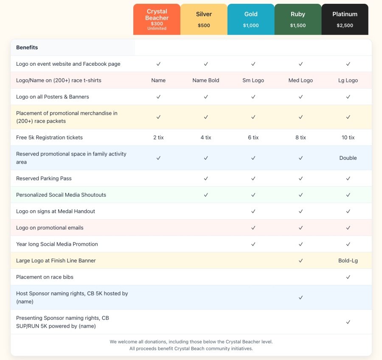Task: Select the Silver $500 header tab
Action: tap(204, 19)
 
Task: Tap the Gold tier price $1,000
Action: tap(251, 25)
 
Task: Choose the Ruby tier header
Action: tap(298, 14)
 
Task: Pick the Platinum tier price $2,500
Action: tap(345, 25)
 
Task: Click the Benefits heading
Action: tap(27, 47)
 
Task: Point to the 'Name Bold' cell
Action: tap(206, 80)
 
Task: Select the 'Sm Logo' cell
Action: tap(253, 80)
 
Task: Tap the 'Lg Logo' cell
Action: tap(348, 80)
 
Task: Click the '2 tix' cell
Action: tap(158, 137)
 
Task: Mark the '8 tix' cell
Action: tap(301, 137)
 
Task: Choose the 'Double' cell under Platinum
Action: tap(348, 158)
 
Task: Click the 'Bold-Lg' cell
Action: tap(348, 260)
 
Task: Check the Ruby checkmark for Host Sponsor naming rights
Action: tap(301, 297)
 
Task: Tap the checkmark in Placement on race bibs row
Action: tap(348, 277)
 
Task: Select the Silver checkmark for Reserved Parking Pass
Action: tap(206, 179)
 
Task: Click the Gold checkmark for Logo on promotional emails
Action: tap(253, 228)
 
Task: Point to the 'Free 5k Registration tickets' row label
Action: tap(49, 137)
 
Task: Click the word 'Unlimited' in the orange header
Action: tap(157, 28)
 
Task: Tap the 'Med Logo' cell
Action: tap(301, 80)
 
